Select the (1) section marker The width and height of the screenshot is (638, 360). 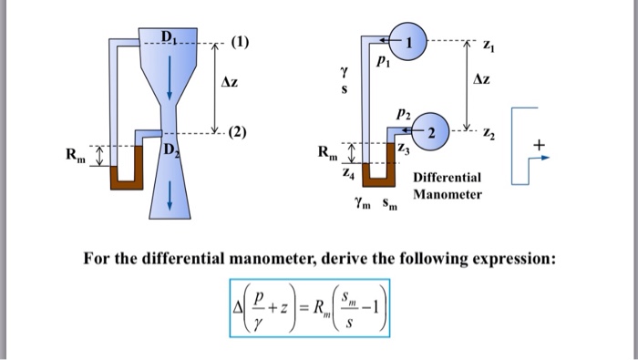pos(240,42)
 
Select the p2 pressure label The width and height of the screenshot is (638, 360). pos(402,115)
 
